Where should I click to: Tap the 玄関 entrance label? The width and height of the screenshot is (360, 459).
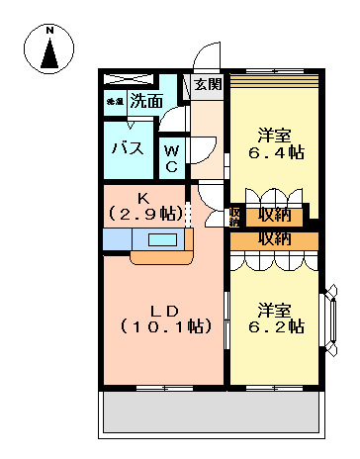point(208,83)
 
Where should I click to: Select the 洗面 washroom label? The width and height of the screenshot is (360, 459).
point(148,101)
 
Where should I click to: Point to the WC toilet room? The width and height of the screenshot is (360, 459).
point(171,157)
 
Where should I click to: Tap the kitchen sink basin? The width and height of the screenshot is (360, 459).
point(160,239)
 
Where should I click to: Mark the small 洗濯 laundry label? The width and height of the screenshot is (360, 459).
point(114,101)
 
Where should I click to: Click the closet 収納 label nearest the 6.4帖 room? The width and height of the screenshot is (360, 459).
point(276,214)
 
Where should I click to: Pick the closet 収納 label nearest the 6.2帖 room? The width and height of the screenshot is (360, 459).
point(276,238)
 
